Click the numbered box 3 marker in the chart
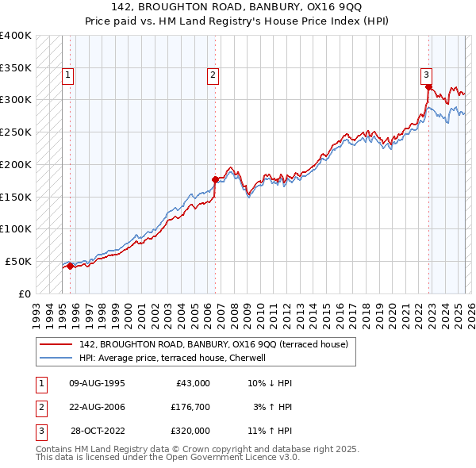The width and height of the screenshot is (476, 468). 426,75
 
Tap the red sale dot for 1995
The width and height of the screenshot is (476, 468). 70,266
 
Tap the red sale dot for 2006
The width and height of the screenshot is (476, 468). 215,179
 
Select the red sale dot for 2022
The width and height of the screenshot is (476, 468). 429,86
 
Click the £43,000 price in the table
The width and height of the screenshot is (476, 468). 190,382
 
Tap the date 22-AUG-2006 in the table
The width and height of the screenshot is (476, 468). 98,407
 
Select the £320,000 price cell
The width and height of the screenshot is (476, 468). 190,431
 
